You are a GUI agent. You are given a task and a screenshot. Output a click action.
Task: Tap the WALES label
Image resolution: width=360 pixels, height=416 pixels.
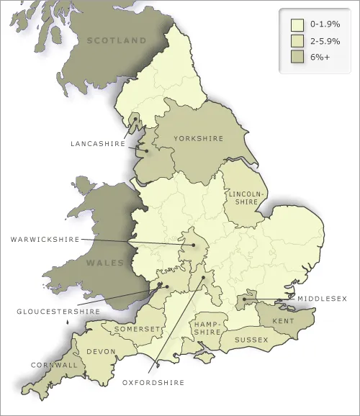[x=106, y=263]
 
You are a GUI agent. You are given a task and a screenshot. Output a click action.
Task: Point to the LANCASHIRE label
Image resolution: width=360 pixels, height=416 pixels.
[x=98, y=143]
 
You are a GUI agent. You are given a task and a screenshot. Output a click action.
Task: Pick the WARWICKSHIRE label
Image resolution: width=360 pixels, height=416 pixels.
[x=45, y=238]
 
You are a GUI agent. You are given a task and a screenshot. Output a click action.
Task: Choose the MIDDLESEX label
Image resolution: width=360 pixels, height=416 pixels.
[x=322, y=298]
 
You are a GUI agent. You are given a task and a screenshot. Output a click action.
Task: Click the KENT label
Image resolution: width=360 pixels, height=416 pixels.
[x=282, y=320]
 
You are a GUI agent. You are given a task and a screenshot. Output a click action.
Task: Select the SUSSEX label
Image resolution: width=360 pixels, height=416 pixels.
[x=252, y=340]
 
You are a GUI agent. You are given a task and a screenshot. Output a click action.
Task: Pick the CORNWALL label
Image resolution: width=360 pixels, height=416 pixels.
[x=54, y=365]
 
